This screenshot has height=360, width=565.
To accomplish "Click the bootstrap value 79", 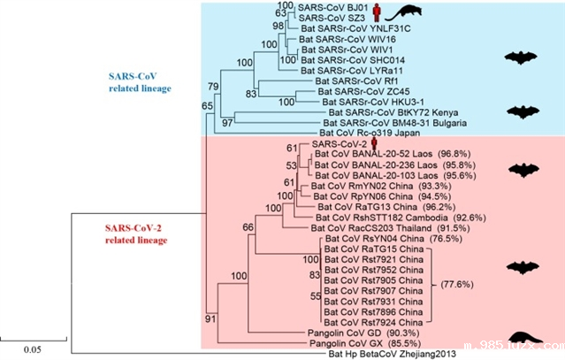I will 212,86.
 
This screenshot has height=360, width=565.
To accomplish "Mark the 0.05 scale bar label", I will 33,349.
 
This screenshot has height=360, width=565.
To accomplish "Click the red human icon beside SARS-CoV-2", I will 375,143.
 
